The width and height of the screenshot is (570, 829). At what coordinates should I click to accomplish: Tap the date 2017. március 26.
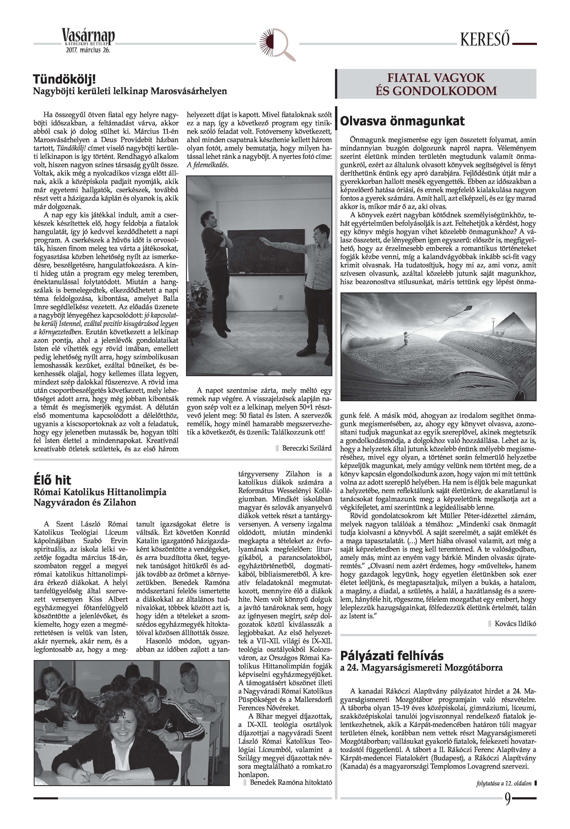[88, 50]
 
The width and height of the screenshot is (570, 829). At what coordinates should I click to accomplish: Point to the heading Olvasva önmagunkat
[402, 121]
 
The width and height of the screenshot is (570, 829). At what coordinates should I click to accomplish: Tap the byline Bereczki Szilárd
[306, 448]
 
